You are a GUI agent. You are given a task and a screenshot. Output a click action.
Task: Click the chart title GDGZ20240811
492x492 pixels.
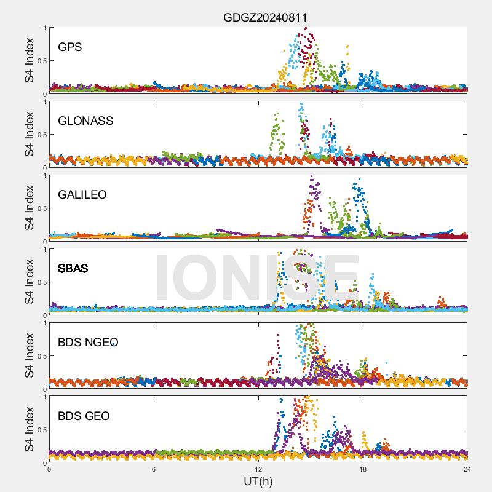pyautogui.click(x=264, y=17)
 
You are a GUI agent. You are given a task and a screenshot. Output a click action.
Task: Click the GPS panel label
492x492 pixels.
pyautogui.click(x=70, y=47)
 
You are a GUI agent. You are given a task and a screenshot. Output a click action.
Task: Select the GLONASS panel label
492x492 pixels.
pyautogui.click(x=85, y=121)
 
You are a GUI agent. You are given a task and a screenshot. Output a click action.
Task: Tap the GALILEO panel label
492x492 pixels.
pyautogui.click(x=82, y=194)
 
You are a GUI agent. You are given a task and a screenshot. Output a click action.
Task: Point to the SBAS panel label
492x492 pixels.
pyautogui.click(x=73, y=268)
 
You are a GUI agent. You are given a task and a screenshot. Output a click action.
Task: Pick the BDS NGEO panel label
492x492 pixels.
pyautogui.click(x=88, y=342)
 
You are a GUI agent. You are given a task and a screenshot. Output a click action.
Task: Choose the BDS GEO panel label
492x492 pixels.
pyautogui.click(x=84, y=416)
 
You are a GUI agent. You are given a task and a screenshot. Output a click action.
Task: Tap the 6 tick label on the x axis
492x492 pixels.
pyautogui.click(x=154, y=469)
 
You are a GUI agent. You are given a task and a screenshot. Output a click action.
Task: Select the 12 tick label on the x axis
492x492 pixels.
pyautogui.click(x=258, y=469)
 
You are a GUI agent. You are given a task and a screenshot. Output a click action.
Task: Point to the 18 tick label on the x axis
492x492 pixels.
pyautogui.click(x=363, y=469)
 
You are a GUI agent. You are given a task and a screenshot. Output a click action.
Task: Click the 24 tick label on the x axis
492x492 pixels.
pyautogui.click(x=467, y=469)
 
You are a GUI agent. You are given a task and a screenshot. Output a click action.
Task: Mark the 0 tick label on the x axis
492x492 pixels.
pyautogui.click(x=49, y=469)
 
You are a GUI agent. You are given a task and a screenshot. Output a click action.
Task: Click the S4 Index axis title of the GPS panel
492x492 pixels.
pyautogui.click(x=29, y=60)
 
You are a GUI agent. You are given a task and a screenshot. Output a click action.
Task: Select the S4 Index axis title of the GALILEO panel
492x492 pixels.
pyautogui.click(x=29, y=208)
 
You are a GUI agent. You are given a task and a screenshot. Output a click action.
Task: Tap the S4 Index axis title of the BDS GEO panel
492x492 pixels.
pyautogui.click(x=29, y=429)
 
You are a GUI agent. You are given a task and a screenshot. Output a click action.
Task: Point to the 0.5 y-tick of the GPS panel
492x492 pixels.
pyautogui.click(x=41, y=60)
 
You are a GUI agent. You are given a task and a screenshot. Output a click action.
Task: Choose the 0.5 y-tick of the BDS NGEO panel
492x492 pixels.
pyautogui.click(x=41, y=355)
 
